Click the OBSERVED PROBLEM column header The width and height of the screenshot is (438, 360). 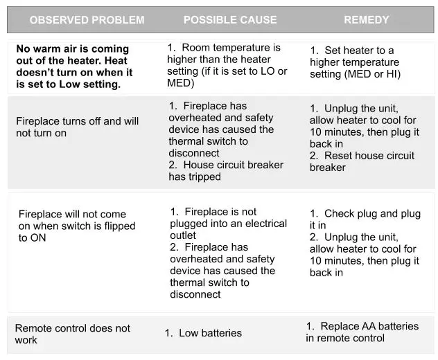point(87,20)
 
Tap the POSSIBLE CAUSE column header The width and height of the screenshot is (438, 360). point(229,20)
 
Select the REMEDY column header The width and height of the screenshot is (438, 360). point(367,20)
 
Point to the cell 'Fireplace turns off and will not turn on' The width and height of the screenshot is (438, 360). point(77,127)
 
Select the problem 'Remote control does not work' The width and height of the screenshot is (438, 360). point(72,334)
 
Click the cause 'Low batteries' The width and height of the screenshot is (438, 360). point(204,333)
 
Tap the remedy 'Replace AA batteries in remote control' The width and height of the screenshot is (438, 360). point(362,332)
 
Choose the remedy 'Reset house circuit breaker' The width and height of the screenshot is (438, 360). point(362,161)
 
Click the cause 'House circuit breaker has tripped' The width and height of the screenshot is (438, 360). point(226,170)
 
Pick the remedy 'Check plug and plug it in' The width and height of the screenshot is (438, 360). point(365,219)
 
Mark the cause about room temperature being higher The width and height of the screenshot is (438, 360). point(227,65)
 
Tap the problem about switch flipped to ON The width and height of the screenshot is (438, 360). point(77,226)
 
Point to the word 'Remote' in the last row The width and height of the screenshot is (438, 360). point(33,328)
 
